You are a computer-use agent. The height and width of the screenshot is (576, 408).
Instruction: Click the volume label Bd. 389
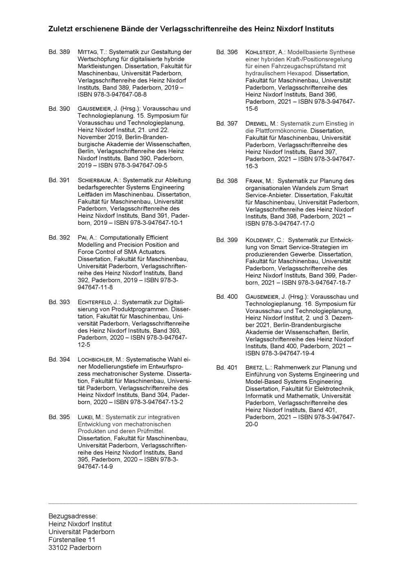59,52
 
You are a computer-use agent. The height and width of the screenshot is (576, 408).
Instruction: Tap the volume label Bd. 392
59,237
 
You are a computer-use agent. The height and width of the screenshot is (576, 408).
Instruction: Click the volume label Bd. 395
59,417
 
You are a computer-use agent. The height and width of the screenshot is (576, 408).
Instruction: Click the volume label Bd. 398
227,181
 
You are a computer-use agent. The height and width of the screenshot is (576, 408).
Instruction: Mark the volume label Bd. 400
227,297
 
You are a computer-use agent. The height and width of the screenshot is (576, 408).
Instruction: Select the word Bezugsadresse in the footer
73,516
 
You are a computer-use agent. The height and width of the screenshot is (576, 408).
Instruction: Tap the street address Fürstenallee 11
72,540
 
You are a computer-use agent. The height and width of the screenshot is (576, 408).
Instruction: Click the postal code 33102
58,547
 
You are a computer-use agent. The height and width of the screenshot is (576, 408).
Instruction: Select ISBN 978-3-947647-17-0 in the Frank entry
280,224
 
